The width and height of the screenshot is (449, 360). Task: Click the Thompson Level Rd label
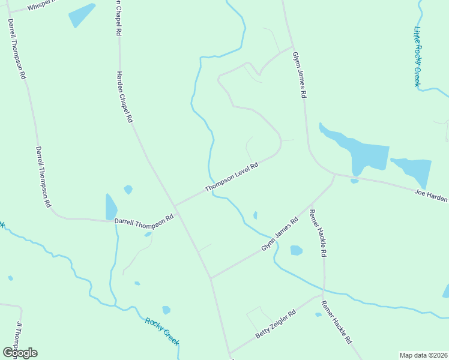[x=232, y=177]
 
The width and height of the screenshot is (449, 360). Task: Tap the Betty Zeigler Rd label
[x=276, y=325]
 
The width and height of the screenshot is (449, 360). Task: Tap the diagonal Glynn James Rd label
[x=280, y=235]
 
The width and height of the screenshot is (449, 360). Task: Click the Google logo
[x=20, y=353]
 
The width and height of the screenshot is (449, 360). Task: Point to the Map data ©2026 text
[x=423, y=355]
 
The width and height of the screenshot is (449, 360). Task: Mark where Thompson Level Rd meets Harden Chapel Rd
[x=175, y=206]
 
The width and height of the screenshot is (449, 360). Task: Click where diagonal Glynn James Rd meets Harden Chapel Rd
[x=211, y=278]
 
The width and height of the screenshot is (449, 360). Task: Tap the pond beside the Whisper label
[x=81, y=16]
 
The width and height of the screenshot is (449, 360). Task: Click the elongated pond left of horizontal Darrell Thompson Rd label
[x=111, y=207]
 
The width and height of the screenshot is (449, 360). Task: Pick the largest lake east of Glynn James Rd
[x=360, y=152]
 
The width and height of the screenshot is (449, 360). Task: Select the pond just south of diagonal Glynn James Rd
[x=296, y=250]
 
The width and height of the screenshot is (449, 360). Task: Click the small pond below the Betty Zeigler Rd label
[x=318, y=314]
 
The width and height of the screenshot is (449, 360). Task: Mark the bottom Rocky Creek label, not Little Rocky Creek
[x=163, y=330]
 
